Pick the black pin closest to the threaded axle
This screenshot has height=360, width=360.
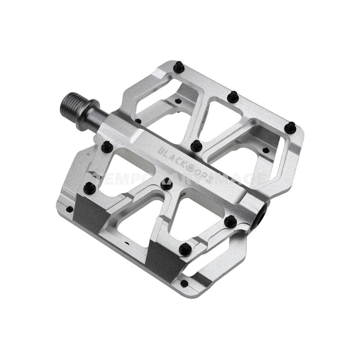coord(107,146)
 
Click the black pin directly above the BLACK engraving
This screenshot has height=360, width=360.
coord(196,145)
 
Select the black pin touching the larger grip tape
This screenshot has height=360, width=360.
coord(90,189)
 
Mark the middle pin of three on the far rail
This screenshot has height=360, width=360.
coord(233,97)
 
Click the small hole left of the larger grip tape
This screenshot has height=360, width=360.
coord(70,209)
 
